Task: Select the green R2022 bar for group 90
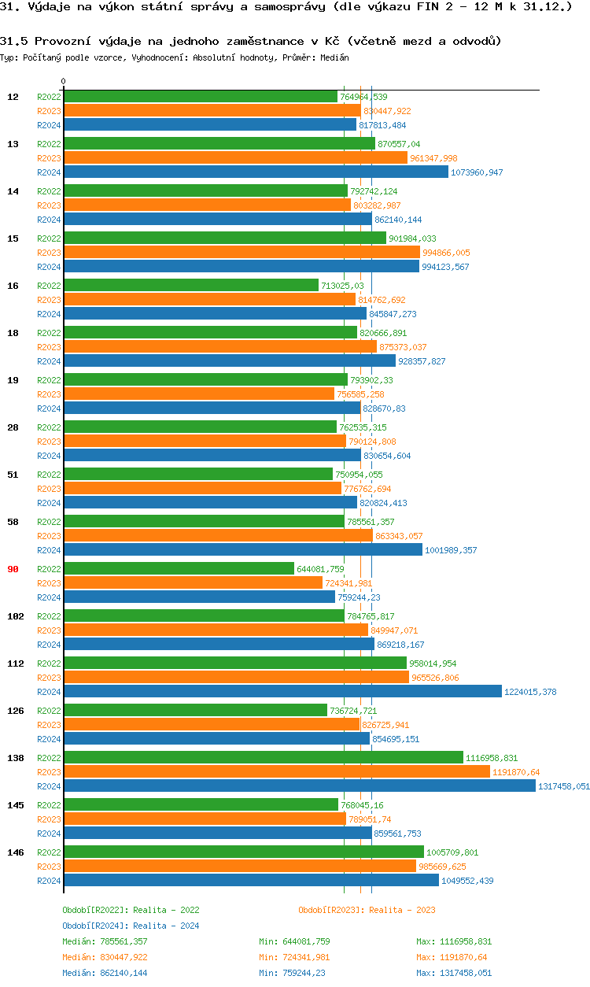click(x=179, y=568)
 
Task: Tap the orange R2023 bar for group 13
click(x=235, y=157)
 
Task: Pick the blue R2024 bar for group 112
click(x=282, y=691)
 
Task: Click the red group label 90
click(x=13, y=569)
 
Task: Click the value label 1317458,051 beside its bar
click(x=564, y=786)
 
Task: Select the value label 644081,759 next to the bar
click(x=320, y=569)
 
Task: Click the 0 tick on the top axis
click(x=64, y=81)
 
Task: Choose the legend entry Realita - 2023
click(x=367, y=910)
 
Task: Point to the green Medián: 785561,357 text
click(x=105, y=941)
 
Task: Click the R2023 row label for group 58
click(x=49, y=536)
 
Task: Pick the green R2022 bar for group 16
click(x=191, y=285)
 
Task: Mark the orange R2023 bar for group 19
click(x=199, y=394)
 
